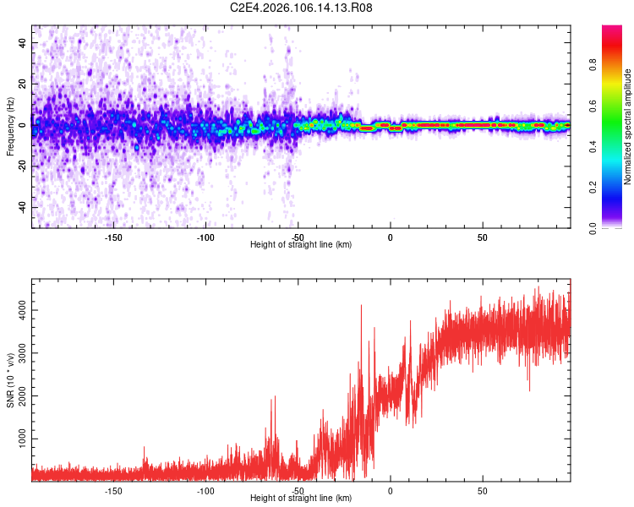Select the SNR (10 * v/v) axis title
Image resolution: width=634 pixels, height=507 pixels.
[10, 379]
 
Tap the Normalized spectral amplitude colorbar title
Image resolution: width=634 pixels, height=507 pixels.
[628, 127]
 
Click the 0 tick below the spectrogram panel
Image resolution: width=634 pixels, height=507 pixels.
[390, 237]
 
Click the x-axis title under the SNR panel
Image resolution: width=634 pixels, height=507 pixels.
[302, 499]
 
